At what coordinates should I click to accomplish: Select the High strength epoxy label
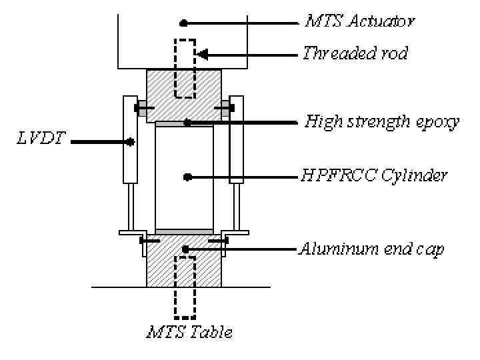coord(382,123)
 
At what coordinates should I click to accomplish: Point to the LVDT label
coord(35,141)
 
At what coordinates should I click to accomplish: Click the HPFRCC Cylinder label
coord(373,177)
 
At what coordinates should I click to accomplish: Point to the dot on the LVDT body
coord(131,141)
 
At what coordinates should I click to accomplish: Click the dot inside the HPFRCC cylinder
coord(187,177)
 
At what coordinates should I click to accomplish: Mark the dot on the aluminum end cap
coord(187,249)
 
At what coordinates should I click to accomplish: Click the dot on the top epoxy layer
coord(187,123)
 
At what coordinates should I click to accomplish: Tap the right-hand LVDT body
coord(236,140)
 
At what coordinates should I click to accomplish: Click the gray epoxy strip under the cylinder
coord(184,231)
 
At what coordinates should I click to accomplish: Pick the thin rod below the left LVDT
coord(131,207)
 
